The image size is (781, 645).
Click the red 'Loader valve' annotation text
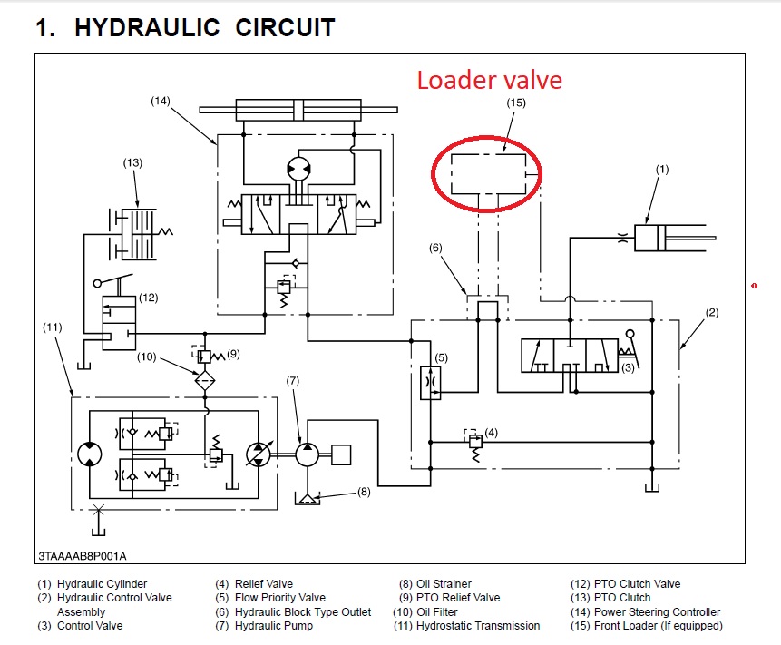[x=490, y=80]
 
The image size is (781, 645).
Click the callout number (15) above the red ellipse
[x=515, y=103]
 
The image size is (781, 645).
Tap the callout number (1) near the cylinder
[x=662, y=169]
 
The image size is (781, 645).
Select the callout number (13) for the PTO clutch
[x=133, y=162]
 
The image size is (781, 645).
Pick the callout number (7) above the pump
[x=292, y=379]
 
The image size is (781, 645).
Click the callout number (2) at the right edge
[x=712, y=313]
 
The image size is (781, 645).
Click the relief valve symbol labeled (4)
[x=472, y=441]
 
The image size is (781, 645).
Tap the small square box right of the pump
[x=341, y=454]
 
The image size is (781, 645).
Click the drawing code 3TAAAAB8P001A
[x=83, y=555]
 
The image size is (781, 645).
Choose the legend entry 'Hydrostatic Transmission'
[x=466, y=626]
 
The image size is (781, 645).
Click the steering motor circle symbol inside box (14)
[x=298, y=170]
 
